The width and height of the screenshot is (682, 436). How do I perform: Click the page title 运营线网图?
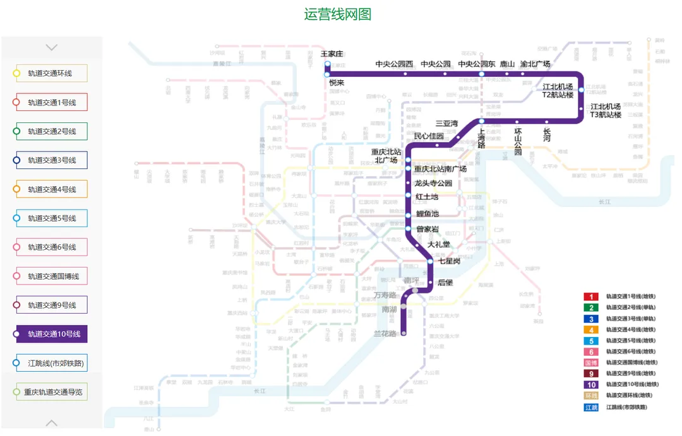338,15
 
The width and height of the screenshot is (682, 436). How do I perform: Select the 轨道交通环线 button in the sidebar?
51,73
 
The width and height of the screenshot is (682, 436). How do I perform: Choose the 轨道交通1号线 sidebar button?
51,102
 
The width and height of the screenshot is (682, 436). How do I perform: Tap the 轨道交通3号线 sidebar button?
51,160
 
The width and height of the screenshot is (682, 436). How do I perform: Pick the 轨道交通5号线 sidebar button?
51,218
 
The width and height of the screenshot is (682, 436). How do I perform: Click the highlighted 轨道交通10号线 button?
51,334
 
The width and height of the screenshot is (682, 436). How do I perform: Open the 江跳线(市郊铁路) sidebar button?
51,363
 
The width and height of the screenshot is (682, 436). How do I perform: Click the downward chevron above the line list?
52,47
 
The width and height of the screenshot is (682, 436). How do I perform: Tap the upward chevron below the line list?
52,423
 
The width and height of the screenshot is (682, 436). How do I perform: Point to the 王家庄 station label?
332,54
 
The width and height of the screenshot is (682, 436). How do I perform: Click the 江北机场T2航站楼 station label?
558,90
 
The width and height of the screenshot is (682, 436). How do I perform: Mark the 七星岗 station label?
449,261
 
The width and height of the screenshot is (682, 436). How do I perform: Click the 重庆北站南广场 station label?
440,168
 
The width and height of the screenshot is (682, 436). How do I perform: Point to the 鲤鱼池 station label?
427,214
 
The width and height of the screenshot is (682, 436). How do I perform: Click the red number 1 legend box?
590,297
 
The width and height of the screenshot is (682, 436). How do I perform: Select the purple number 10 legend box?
590,384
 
